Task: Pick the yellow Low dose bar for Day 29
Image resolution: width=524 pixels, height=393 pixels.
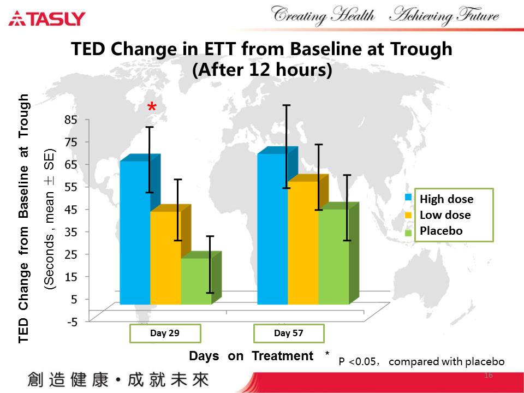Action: click(165, 257)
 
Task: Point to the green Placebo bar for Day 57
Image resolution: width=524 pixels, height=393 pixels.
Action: click(334, 257)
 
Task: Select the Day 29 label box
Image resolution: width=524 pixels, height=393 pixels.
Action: click(165, 334)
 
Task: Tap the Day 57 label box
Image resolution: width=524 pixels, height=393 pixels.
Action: click(289, 334)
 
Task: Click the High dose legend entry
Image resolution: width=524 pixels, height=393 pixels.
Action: click(446, 199)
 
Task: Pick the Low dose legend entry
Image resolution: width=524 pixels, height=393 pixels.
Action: click(444, 215)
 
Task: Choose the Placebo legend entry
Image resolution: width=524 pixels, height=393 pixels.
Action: click(440, 231)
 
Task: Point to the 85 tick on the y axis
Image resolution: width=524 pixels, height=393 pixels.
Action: click(72, 119)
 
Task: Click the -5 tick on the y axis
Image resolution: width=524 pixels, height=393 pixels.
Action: click(72, 321)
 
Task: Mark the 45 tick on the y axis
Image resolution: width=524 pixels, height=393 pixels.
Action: click(72, 209)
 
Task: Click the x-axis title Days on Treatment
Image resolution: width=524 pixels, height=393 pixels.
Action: click(251, 356)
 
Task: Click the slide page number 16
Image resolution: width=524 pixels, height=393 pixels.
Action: click(489, 376)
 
